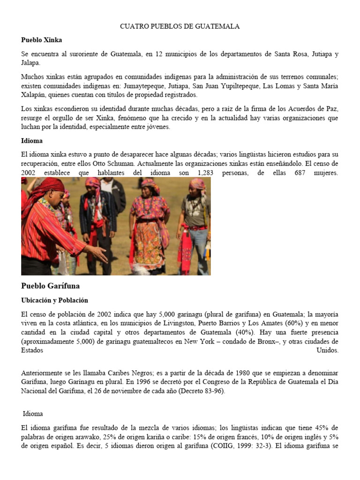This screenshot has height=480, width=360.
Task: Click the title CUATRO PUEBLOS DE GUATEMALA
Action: pos(180,27)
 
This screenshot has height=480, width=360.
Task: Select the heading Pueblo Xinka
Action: pos(41,40)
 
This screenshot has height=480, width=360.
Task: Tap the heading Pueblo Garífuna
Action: pos(50,285)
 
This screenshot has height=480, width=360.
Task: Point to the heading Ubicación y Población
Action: pos(54,300)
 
